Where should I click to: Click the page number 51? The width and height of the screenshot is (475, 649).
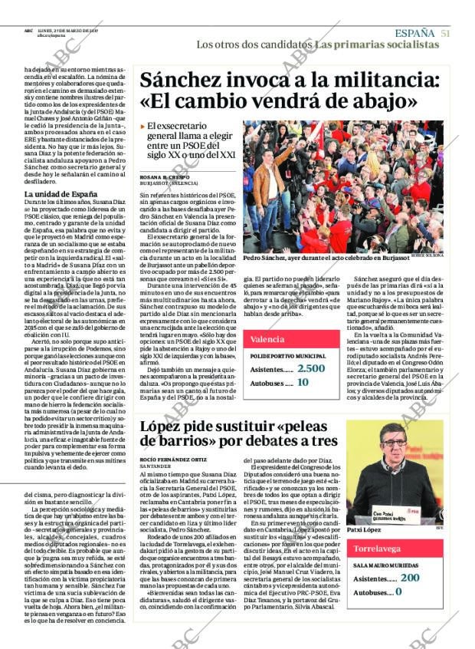pyautogui.click(x=445, y=33)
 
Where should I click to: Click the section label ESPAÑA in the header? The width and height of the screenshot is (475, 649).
pyautogui.click(x=414, y=33)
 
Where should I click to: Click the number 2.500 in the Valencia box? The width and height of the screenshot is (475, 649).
pyautogui.click(x=310, y=369)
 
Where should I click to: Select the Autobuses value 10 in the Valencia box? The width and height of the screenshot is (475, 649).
pyautogui.click(x=303, y=382)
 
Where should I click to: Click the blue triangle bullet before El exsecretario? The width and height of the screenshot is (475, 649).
pyautogui.click(x=142, y=126)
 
